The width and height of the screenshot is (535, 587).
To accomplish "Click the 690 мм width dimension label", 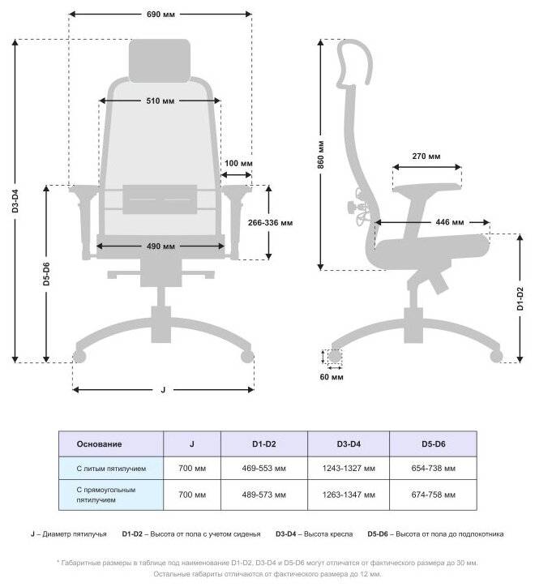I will click(x=160, y=15).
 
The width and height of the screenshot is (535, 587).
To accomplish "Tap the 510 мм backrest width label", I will click(x=160, y=101).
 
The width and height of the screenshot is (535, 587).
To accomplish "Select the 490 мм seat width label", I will click(x=160, y=246).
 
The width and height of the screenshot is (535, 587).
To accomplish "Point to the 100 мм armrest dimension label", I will click(x=237, y=164).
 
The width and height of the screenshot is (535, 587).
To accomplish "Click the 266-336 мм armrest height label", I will click(x=270, y=221).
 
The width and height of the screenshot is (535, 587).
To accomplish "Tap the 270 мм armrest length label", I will click(x=426, y=156).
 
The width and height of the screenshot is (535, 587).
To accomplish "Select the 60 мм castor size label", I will click(x=332, y=377).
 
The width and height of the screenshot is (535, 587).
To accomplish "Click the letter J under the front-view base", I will click(x=162, y=390).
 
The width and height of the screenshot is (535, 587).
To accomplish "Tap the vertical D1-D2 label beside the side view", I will click(x=520, y=299).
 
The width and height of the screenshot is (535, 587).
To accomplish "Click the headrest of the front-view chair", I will click(x=160, y=59).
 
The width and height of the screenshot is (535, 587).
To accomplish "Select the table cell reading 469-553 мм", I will click(x=264, y=469).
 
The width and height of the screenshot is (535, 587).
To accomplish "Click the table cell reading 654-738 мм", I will click(x=433, y=469).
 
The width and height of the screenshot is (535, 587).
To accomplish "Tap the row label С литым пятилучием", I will click(x=111, y=469).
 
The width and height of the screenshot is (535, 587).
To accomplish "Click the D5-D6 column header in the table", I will click(x=433, y=444).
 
